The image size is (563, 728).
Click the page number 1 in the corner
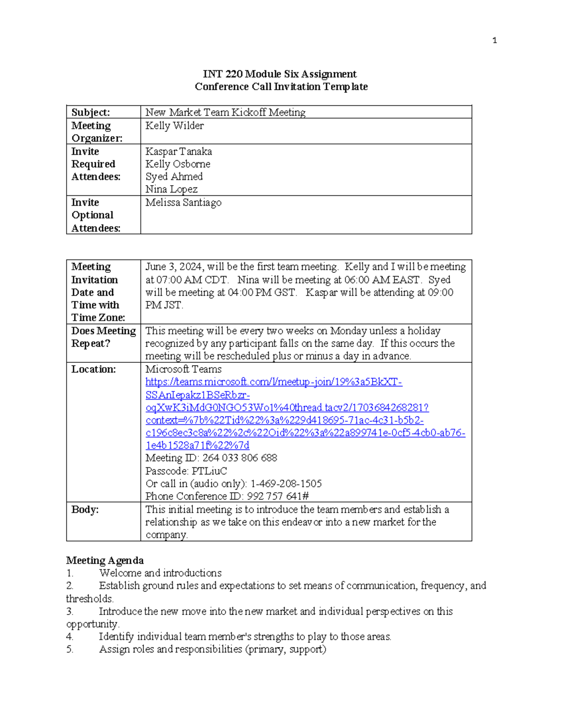click(x=495, y=41)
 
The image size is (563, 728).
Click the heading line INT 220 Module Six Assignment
click(x=280, y=74)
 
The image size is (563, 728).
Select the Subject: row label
click(x=91, y=113)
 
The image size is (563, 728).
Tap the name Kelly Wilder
click(x=175, y=126)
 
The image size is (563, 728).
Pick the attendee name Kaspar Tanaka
click(x=178, y=151)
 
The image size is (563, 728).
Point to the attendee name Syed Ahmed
click(x=174, y=177)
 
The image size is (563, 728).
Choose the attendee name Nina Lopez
click(x=171, y=189)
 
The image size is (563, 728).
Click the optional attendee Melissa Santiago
click(x=183, y=203)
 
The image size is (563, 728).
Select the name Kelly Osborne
click(x=178, y=164)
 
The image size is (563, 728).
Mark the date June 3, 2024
click(x=174, y=267)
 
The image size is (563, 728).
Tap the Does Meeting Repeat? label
click(x=103, y=337)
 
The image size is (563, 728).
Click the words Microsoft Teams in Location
click(x=183, y=369)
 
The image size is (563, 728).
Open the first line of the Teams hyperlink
click(x=274, y=382)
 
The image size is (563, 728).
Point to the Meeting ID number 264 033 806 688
click(x=239, y=458)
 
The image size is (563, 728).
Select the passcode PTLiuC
click(x=209, y=471)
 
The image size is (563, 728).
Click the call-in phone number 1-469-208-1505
click(x=286, y=484)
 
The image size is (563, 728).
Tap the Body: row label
click(x=85, y=510)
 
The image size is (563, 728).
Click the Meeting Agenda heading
click(x=105, y=561)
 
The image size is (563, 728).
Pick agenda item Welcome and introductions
click(x=160, y=573)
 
